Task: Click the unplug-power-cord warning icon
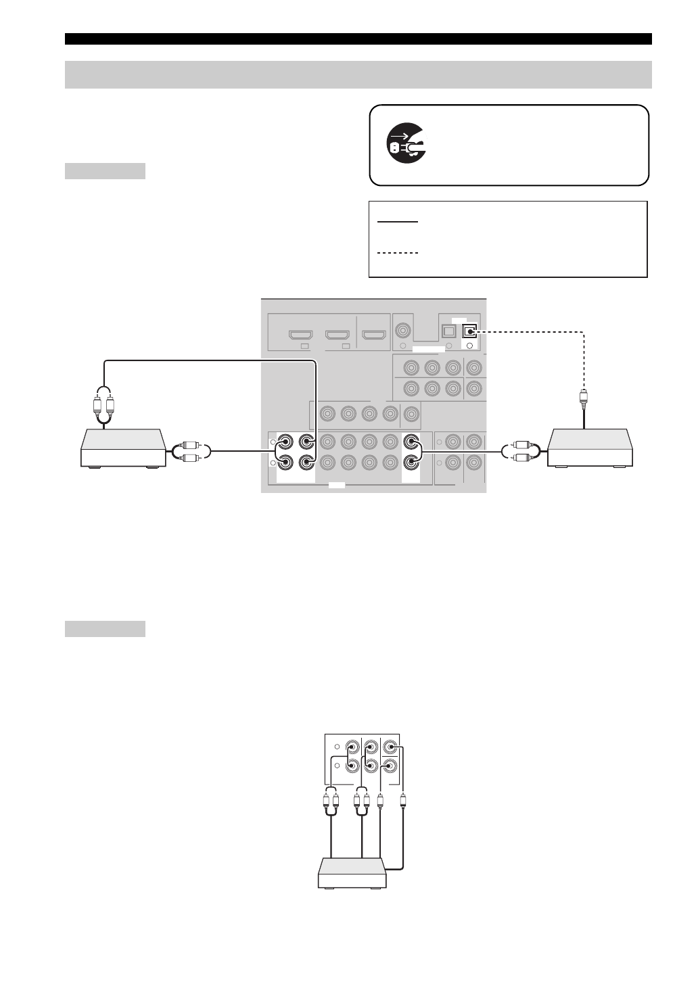(406, 145)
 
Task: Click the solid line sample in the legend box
(399, 221)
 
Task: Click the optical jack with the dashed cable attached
(469, 331)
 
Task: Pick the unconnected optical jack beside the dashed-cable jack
(448, 331)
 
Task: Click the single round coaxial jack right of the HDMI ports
(404, 331)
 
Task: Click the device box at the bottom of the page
(352, 872)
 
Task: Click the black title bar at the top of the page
(358, 39)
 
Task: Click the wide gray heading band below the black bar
(358, 74)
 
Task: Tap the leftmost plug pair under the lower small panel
(331, 803)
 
